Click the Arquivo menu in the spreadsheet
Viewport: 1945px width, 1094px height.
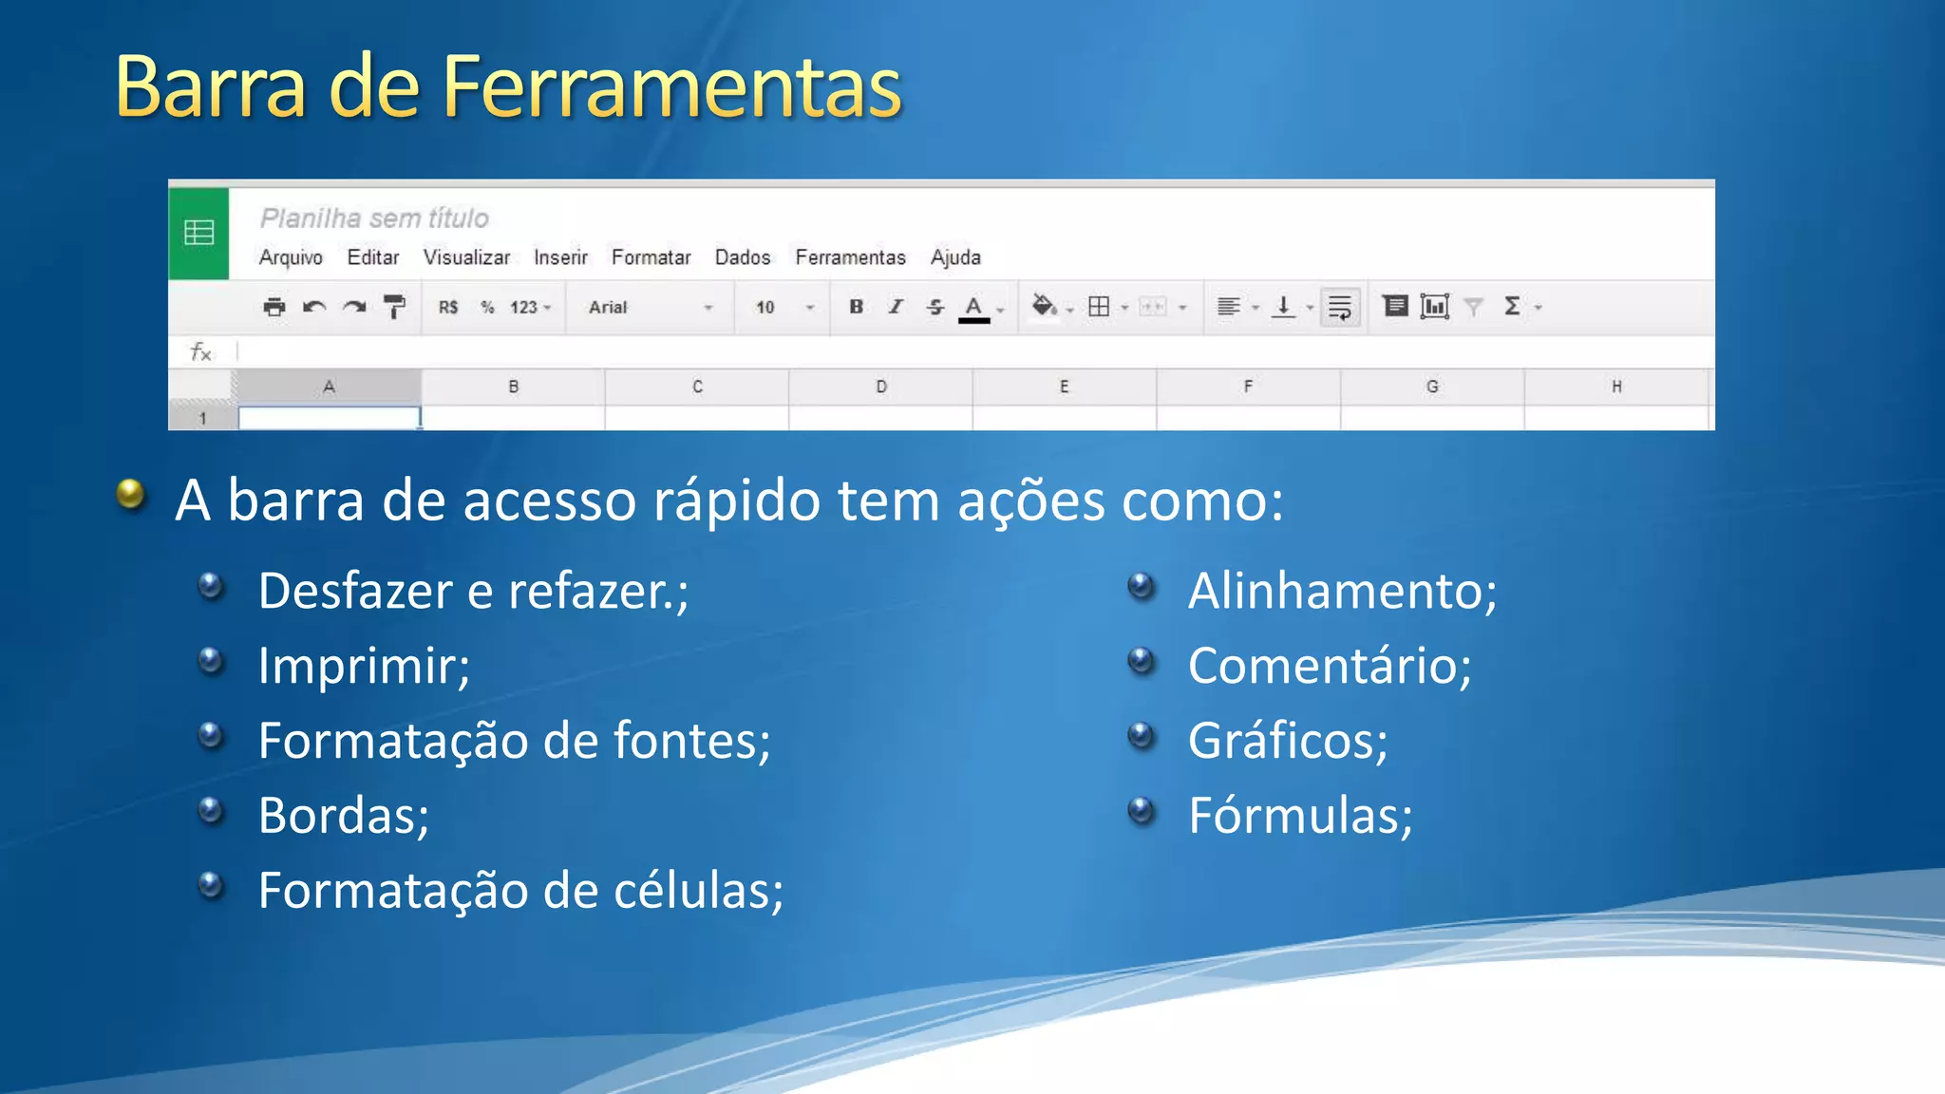point(291,257)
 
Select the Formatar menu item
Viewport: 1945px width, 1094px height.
point(651,257)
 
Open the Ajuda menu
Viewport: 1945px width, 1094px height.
point(954,257)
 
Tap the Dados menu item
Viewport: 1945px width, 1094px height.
point(742,257)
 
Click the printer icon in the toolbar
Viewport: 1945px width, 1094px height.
point(274,307)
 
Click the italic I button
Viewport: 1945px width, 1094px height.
point(896,307)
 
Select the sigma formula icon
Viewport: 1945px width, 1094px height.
point(1512,306)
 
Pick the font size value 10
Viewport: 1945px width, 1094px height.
point(765,308)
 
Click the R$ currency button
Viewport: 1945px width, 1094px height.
point(448,308)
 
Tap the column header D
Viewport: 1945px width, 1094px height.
point(880,387)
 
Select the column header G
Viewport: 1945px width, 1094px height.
point(1431,387)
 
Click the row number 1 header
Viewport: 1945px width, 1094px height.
point(202,418)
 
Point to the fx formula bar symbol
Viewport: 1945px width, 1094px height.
point(200,352)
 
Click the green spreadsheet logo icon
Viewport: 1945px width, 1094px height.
point(198,233)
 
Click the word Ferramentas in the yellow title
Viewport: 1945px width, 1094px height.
point(671,87)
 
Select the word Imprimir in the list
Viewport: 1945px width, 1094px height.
point(364,665)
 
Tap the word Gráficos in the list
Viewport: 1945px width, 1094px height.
point(1287,741)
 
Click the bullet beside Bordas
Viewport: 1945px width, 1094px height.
point(211,811)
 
